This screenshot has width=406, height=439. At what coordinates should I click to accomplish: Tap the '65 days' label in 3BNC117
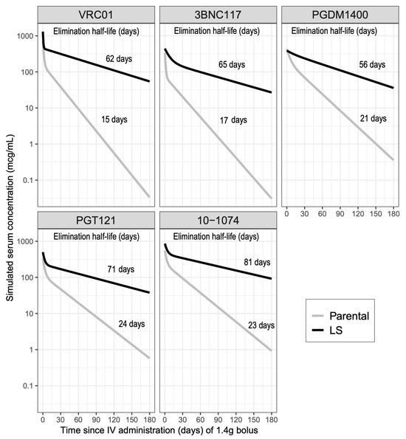tap(233, 65)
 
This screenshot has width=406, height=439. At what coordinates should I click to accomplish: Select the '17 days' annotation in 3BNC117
tap(234, 119)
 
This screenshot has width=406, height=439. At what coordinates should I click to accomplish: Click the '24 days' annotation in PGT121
tap(134, 323)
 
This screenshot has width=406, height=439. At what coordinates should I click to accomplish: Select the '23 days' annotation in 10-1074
tap(259, 325)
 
